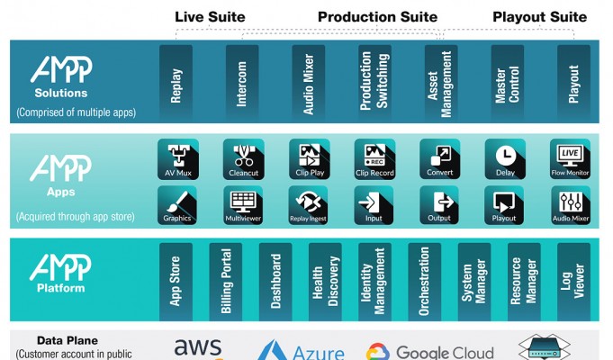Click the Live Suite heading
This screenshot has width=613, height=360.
tap(210, 17)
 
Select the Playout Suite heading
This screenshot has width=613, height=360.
tap(539, 17)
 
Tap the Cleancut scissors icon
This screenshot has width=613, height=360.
tap(242, 156)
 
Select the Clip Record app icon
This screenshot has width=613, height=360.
tap(374, 156)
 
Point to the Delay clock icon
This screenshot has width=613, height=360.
tap(505, 156)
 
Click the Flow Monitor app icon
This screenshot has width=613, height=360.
tap(570, 156)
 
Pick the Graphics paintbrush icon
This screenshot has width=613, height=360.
tap(177, 202)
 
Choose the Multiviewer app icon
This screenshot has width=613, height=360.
tap(242, 202)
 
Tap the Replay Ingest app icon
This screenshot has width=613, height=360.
tap(309, 202)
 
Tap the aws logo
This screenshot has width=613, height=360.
tap(198, 347)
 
